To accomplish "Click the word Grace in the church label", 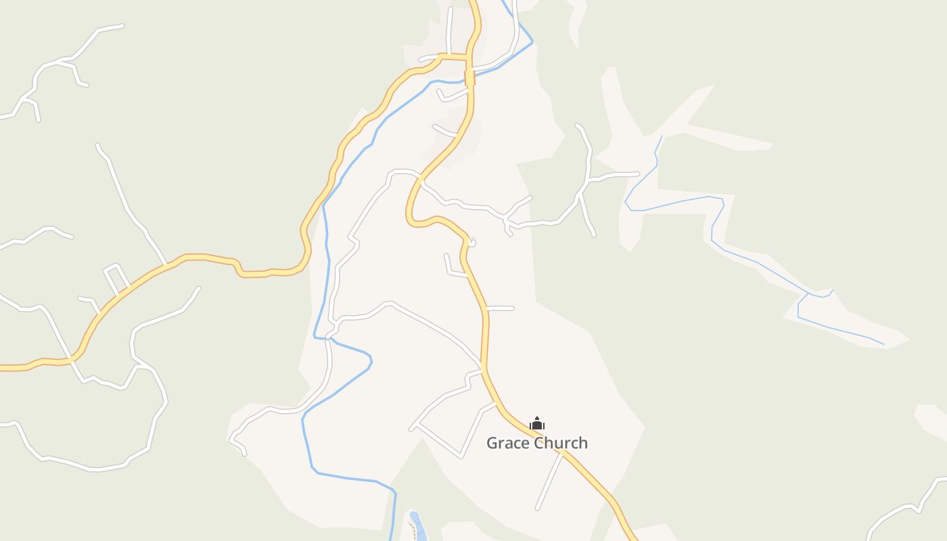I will point(509,444).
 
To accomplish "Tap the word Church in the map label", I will point(561,444).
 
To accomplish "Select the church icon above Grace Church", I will point(537,424).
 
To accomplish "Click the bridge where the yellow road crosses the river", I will point(469,78).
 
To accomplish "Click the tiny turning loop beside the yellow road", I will point(473,242).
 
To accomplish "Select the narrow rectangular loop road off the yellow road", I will point(116,279).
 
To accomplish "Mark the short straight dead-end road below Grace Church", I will point(549,481).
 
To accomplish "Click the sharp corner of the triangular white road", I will point(411,427).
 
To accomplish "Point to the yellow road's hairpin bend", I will point(411,216).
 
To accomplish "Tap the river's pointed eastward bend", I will point(371,362).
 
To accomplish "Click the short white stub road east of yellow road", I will point(500,308).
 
